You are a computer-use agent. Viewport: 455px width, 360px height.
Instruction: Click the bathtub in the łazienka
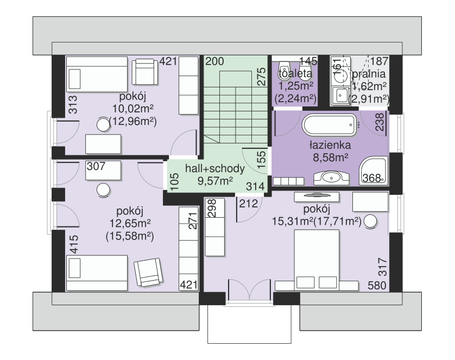(x=330, y=125)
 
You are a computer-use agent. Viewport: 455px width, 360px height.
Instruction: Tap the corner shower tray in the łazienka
(x=374, y=170)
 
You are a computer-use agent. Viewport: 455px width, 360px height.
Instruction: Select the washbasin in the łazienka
(x=331, y=178)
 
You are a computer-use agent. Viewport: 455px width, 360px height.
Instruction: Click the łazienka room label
(x=330, y=145)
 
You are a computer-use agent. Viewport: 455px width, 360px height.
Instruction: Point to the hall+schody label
(x=214, y=168)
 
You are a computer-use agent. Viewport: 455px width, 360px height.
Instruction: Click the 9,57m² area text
(x=215, y=181)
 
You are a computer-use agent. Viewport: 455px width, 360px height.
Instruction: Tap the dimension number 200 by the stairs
(x=214, y=61)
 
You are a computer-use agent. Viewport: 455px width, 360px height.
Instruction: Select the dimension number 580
(x=377, y=286)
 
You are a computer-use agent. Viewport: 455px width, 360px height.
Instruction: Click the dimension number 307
(x=96, y=166)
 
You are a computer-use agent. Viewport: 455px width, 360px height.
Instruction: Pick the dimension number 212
(x=248, y=204)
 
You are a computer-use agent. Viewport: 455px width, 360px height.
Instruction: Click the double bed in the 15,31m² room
(x=317, y=260)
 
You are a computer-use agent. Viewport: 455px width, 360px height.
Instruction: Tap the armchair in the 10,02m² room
(x=145, y=72)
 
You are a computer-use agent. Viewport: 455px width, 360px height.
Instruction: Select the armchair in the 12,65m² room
(x=148, y=273)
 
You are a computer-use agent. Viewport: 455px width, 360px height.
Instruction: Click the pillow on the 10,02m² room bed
(x=74, y=79)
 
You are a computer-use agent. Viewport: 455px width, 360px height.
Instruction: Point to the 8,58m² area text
(x=331, y=157)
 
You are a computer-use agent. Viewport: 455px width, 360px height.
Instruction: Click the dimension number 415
(x=74, y=244)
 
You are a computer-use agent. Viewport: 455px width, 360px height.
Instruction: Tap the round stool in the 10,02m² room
(x=103, y=125)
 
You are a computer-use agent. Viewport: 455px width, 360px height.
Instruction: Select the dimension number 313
(x=73, y=105)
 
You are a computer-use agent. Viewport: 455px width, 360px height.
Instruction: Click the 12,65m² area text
(x=130, y=223)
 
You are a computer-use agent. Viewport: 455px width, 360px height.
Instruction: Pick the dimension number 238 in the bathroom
(x=380, y=122)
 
